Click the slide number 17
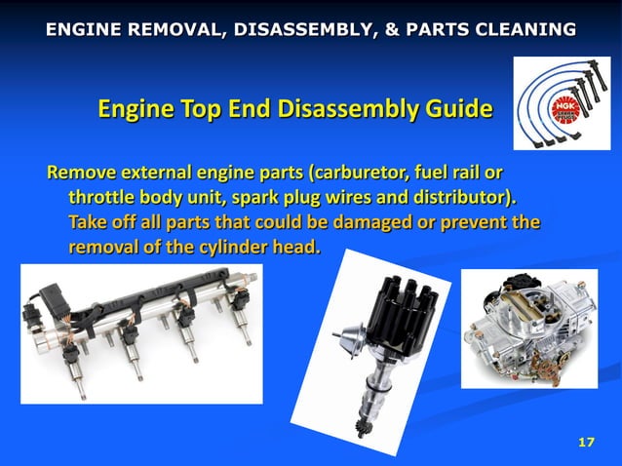[x=586, y=444]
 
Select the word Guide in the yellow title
[x=450, y=108]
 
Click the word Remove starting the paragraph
[x=81, y=175]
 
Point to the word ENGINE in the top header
[x=82, y=29]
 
